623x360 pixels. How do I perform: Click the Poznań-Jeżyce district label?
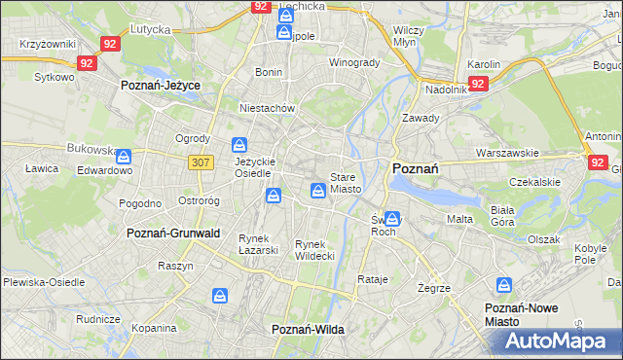click(x=161, y=86)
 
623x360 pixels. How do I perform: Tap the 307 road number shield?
click(x=201, y=162)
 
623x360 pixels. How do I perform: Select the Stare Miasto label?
click(x=346, y=183)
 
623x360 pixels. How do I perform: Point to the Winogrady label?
click(x=353, y=62)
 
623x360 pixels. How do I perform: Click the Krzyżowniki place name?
click(x=49, y=45)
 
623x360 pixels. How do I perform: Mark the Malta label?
click(x=459, y=219)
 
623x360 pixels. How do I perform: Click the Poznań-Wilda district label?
click(x=308, y=330)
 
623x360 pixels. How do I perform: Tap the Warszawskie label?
click(x=507, y=153)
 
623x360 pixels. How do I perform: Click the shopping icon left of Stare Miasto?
click(x=318, y=191)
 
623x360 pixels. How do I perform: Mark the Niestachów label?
click(x=268, y=109)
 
